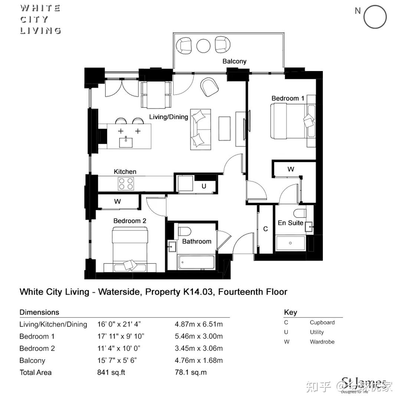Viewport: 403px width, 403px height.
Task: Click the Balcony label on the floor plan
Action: coord(234,61)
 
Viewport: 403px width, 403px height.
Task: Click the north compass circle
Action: coord(375,17)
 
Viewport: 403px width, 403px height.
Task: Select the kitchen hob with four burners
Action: coord(126,183)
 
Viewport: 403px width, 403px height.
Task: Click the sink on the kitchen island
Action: coord(126,141)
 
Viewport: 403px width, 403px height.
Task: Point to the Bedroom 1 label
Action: coord(288,99)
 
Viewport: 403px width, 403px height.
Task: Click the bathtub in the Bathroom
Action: coord(196,262)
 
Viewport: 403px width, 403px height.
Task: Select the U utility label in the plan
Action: coord(204,187)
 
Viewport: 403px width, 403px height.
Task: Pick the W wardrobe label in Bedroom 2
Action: coord(117,202)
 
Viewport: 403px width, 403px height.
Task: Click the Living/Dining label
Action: coord(168,117)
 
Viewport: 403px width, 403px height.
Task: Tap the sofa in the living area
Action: coord(200,129)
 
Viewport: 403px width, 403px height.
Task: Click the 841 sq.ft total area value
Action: coord(111,373)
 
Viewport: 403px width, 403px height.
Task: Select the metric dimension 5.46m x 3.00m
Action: coord(199,336)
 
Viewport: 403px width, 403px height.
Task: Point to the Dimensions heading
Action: coord(39,312)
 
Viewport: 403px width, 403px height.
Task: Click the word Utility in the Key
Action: coord(317,332)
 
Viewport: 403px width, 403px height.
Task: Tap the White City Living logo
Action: coord(40,19)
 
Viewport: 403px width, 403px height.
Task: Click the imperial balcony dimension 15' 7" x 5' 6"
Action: coord(119,361)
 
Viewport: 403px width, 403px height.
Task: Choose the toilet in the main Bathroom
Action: coord(184,231)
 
